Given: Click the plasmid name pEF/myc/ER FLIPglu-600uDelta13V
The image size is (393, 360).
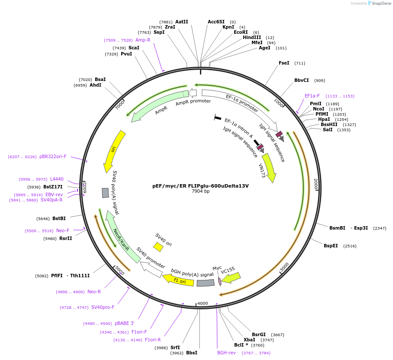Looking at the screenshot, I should point(200,186).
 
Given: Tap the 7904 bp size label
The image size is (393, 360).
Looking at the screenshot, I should point(200,191).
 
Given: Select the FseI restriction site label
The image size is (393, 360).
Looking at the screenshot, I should point(284,63).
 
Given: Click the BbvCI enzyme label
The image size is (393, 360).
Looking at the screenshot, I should point(302,80).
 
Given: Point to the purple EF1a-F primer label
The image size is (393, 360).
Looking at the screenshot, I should point(312,96).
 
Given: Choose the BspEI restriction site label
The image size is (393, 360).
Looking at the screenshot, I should point(331,246).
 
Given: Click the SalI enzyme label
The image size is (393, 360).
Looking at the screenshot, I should point(328,130).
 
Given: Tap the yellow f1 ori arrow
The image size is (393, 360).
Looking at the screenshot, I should point(178,279).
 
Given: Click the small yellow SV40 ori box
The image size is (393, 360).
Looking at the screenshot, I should point(158,247).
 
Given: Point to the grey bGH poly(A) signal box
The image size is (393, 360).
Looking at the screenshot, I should point(206,283).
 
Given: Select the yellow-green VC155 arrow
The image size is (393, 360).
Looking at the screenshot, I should point(231,277).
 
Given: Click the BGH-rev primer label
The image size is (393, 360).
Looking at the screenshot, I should point(226,353).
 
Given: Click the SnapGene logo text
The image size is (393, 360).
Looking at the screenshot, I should point(381,3).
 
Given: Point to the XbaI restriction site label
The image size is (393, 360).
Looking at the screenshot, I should point(249,340).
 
